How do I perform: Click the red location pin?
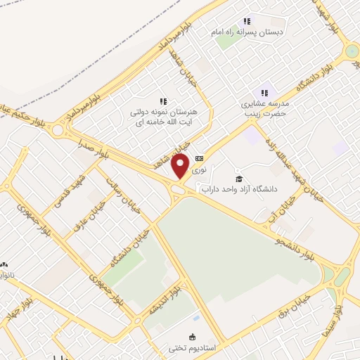coord(180,166)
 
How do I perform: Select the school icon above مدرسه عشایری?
coord(265,92)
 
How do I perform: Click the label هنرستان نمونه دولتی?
coord(163,112)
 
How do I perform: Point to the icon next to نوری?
coord(200,157)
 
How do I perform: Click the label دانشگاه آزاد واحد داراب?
coord(240,189)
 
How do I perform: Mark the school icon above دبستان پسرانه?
coord(246,21)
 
